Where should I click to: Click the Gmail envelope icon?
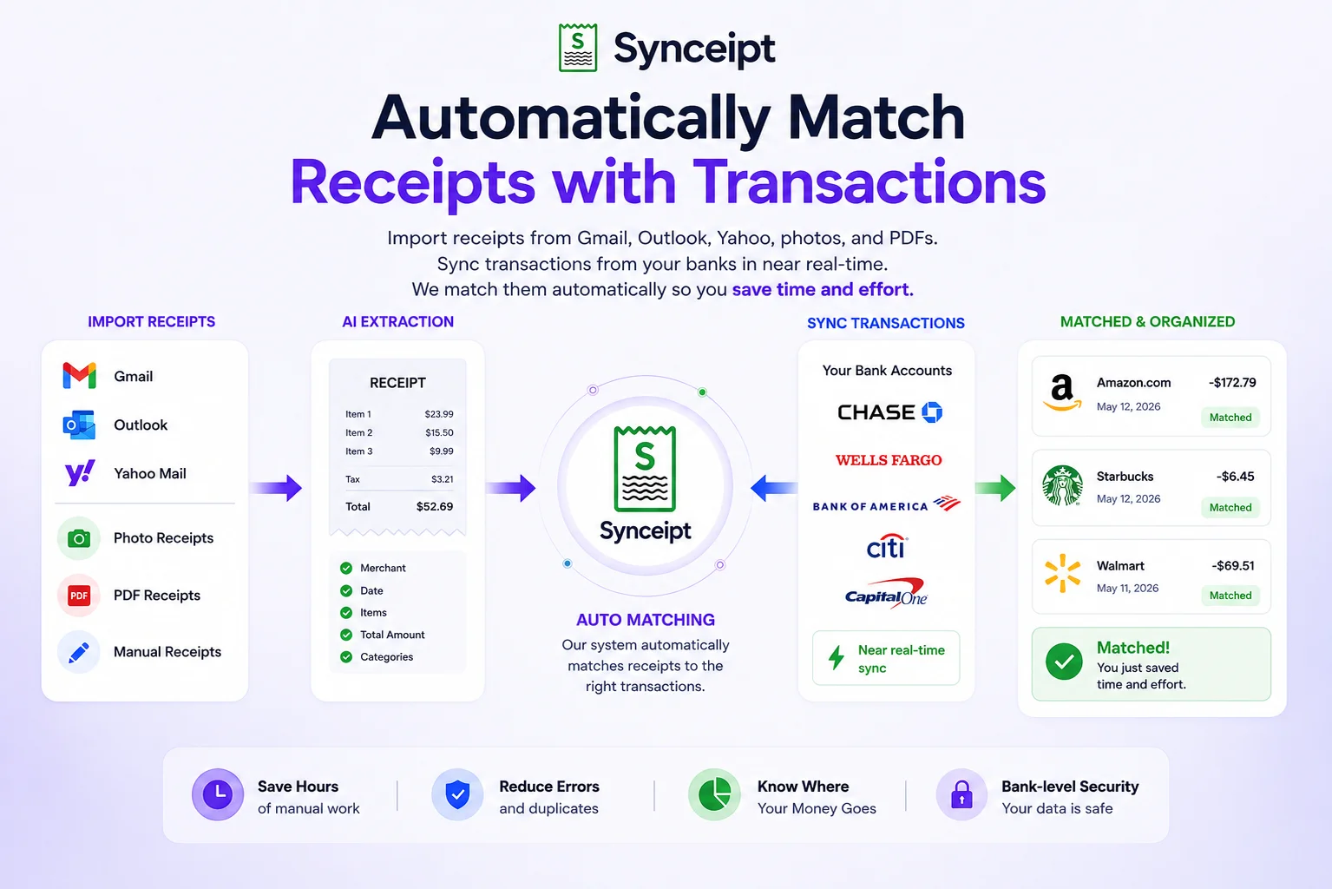(79, 375)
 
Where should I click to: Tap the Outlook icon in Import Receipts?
(79, 425)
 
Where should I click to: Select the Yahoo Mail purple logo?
(80, 473)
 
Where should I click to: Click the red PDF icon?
(78, 595)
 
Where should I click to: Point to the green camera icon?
(78, 538)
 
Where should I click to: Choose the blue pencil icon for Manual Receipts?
(78, 652)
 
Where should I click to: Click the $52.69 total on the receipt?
(434, 506)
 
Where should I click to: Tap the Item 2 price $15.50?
(439, 432)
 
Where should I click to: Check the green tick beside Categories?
(346, 657)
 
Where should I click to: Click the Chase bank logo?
(889, 412)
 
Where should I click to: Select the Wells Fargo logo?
(889, 460)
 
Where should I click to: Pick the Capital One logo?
(886, 593)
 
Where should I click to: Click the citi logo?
(886, 546)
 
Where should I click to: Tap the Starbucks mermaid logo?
(1062, 485)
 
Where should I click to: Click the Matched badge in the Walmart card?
(1230, 595)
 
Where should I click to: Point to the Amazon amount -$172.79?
(1232, 383)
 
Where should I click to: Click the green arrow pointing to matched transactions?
(995, 488)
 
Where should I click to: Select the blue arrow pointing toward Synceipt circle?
(774, 488)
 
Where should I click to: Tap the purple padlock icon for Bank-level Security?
(961, 794)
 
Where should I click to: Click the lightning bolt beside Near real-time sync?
(837, 657)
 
